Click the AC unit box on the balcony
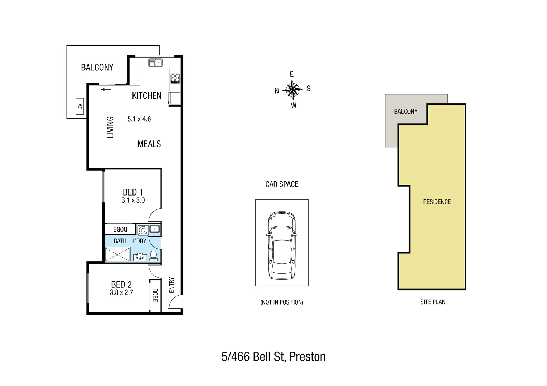click(x=80, y=107)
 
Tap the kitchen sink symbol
click(x=155, y=63)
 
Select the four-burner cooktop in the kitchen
click(x=175, y=78)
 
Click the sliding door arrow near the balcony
click(x=106, y=89)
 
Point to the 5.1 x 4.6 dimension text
click(x=139, y=119)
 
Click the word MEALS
click(x=149, y=144)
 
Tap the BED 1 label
click(x=132, y=192)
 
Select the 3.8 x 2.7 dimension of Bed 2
click(x=121, y=293)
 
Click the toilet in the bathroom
click(x=154, y=255)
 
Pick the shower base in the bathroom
click(x=118, y=254)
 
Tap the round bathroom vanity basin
click(x=140, y=257)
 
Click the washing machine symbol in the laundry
click(x=143, y=230)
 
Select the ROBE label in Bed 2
click(x=155, y=295)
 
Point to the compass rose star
click(x=293, y=90)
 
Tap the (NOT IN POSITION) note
click(x=282, y=302)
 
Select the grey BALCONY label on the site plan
click(x=406, y=112)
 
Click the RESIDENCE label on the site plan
click(x=437, y=202)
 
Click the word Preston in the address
click(x=307, y=357)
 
